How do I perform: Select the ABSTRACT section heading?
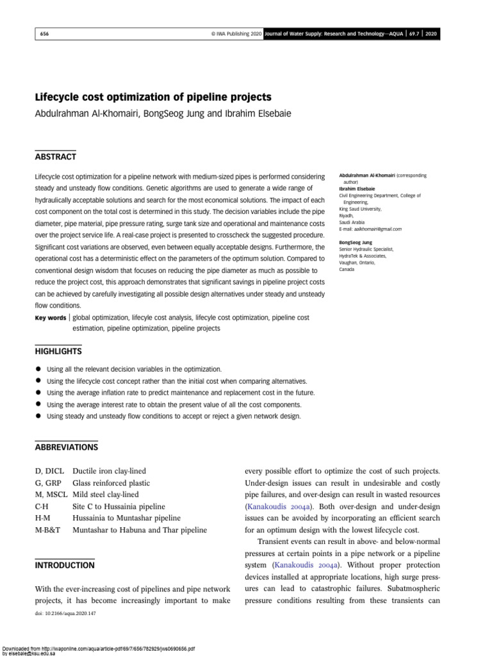pyautogui.click(x=55, y=157)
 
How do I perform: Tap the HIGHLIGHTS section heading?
pyautogui.click(x=58, y=352)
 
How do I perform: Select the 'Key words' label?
pyautogui.click(x=51, y=318)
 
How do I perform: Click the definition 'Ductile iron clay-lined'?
pyautogui.click(x=112, y=471)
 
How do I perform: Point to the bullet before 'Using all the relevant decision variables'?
pyautogui.click(x=38, y=370)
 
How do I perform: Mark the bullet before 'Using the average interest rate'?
pyautogui.click(x=38, y=404)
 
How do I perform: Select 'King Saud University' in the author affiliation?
pyautogui.click(x=360, y=209)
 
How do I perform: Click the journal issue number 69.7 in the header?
pyautogui.click(x=413, y=34)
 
